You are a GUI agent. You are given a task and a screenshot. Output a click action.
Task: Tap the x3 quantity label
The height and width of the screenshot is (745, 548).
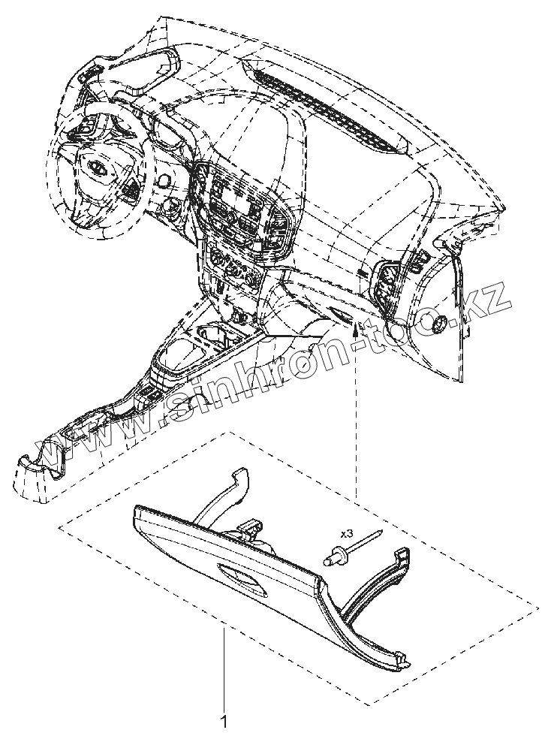tap(347, 533)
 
